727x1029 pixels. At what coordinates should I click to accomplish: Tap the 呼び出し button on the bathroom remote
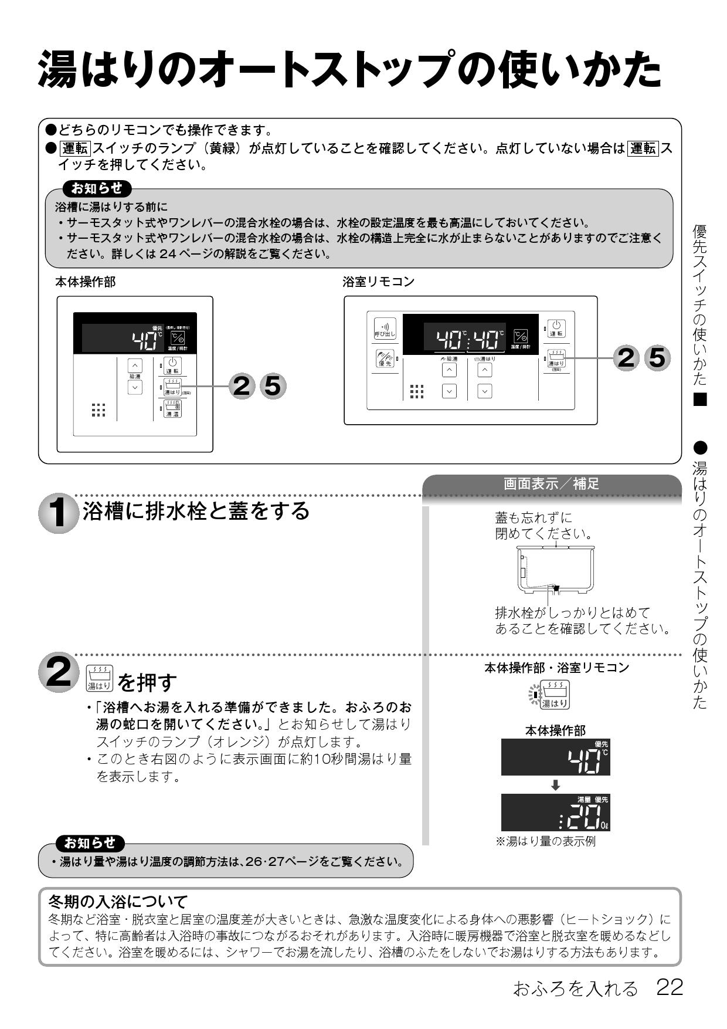[x=385, y=328]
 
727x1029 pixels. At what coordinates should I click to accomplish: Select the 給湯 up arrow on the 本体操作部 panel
[x=135, y=364]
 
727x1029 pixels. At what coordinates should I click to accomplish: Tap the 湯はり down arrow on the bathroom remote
[x=484, y=391]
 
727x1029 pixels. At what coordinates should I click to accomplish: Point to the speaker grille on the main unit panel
[x=98, y=410]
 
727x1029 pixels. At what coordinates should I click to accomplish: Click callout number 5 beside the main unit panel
[x=272, y=385]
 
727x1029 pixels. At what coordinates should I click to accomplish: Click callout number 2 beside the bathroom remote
[x=626, y=357]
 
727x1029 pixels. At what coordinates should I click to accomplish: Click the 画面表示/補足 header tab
[x=551, y=484]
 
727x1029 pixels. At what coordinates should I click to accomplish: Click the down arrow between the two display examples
[x=555, y=785]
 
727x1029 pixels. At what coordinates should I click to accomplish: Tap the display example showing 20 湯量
[x=555, y=813]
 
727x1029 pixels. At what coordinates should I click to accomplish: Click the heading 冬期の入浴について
[x=117, y=901]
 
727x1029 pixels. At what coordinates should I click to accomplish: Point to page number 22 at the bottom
[x=669, y=988]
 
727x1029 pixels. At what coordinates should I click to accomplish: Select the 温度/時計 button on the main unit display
[x=177, y=339]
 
